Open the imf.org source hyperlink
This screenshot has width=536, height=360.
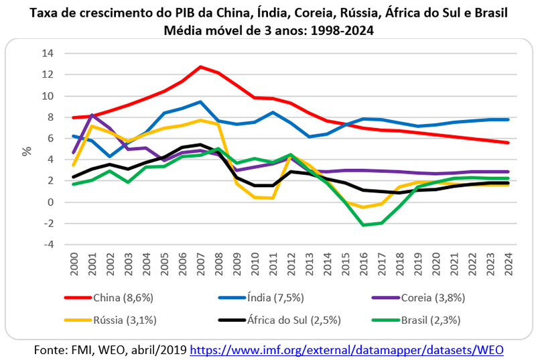[346, 349]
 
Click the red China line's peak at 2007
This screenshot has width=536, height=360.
[200, 67]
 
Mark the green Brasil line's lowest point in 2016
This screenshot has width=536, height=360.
[364, 225]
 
